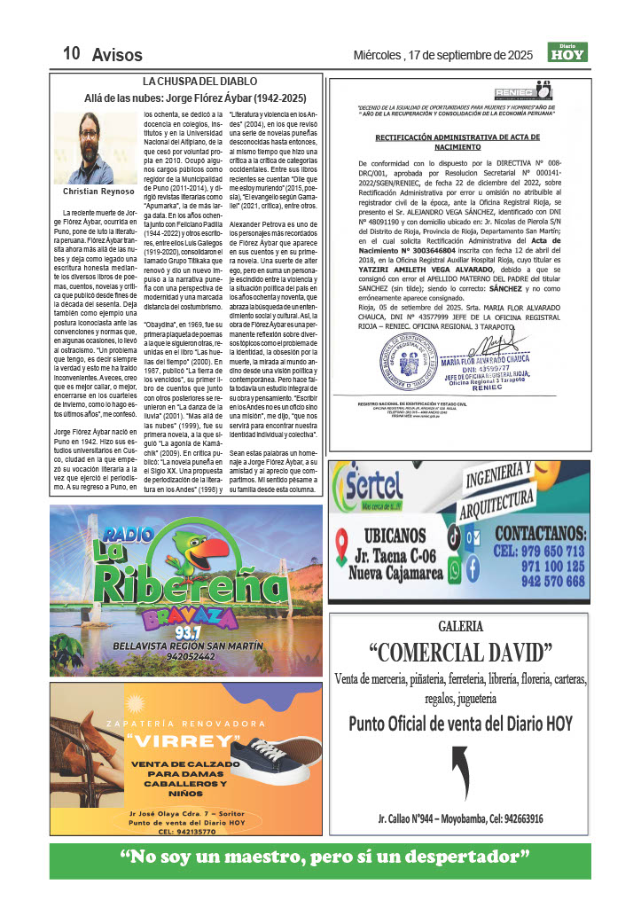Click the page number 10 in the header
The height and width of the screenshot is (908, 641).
tap(72, 54)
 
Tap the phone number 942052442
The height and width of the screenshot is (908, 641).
tap(186, 657)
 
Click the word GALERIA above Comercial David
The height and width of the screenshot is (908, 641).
tap(459, 626)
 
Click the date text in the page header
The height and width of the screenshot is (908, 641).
tap(443, 55)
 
